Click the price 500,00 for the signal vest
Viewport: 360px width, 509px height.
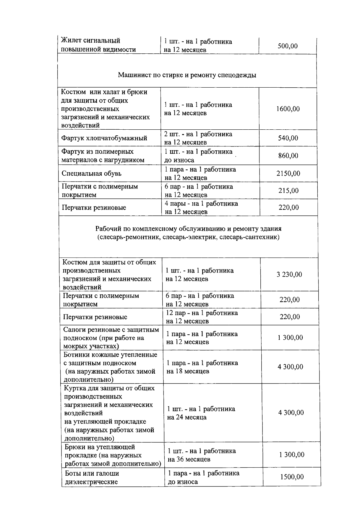(287, 46)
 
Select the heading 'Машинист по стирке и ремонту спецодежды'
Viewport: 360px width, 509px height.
(187, 75)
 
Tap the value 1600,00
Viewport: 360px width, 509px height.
(288, 109)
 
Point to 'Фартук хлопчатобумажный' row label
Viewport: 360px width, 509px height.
(104, 138)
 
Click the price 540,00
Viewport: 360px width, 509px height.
(288, 138)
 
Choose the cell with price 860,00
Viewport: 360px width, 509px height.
(288, 156)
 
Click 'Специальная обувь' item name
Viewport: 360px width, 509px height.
(91, 173)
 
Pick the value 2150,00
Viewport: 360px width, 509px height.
(288, 173)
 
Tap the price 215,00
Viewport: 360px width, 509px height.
(288, 191)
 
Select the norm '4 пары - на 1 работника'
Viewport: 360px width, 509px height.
(201, 204)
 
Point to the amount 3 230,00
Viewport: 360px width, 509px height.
(289, 274)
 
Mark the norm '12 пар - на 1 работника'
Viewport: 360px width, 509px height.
(202, 313)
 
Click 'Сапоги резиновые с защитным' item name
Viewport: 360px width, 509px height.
(111, 330)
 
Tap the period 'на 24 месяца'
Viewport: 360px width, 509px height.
(187, 417)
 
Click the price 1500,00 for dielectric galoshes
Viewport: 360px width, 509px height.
(292, 477)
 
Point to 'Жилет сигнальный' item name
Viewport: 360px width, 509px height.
(90, 41)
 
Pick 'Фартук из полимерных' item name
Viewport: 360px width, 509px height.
(97, 152)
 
